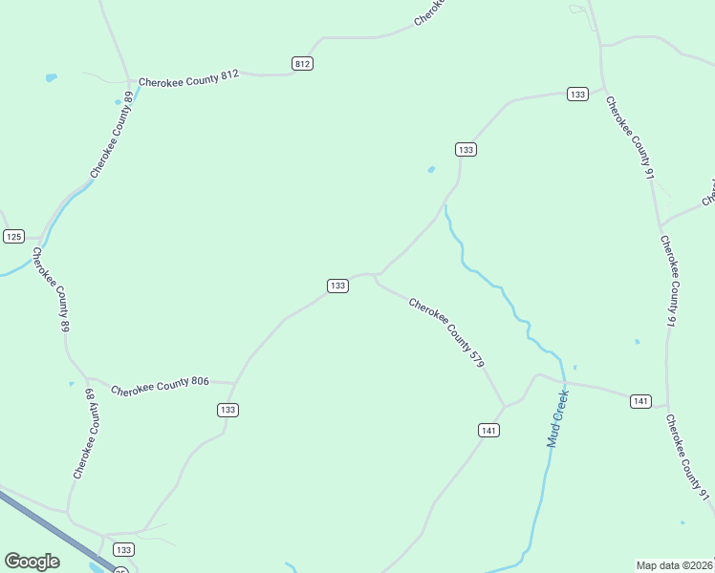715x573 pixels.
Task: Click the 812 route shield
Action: [x=302, y=63]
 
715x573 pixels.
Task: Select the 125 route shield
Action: [x=13, y=236]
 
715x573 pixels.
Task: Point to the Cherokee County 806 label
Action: [x=160, y=386]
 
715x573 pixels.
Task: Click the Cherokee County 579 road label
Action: [x=447, y=333]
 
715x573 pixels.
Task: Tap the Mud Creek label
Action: [x=557, y=418]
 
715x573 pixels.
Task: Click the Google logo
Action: [x=32, y=562]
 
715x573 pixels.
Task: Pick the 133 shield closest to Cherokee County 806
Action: [x=227, y=410]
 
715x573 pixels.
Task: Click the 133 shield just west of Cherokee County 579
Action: [x=337, y=286]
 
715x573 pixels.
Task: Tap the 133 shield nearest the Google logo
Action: [x=123, y=549]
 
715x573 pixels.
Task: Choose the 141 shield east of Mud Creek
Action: [x=641, y=401]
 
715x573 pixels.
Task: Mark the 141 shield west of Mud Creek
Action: [x=488, y=431]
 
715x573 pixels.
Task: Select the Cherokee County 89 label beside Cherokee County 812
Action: [x=112, y=135]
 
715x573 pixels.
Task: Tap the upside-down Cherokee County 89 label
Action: [x=86, y=434]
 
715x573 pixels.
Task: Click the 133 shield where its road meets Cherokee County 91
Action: [x=576, y=94]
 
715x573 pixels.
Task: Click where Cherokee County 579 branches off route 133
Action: [x=376, y=278]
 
